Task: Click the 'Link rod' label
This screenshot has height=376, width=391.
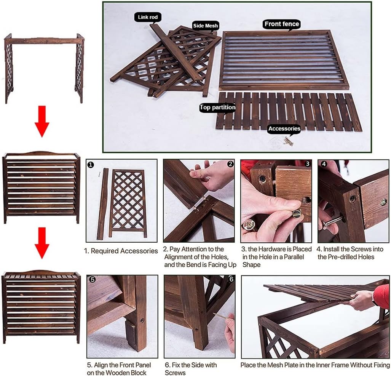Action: pos(148,17)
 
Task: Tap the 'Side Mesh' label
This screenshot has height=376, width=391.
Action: pos(206,26)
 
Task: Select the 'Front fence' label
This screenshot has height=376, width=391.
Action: pos(282,24)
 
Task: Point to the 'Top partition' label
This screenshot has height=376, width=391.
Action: pos(217,108)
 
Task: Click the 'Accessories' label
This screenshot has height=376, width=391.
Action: pos(284,129)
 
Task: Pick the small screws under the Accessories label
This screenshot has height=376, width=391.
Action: pos(288,141)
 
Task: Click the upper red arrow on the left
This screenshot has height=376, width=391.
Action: pos(42,121)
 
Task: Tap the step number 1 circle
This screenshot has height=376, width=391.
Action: pos(91,165)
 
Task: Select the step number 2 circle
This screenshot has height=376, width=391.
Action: pos(230,164)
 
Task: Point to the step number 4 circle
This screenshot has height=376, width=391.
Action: pos(324,164)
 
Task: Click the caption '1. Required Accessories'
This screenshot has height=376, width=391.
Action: pos(121,251)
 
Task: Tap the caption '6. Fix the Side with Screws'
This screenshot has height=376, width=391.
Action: pos(191,368)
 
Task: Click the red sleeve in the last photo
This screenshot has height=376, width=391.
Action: pos(382,296)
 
